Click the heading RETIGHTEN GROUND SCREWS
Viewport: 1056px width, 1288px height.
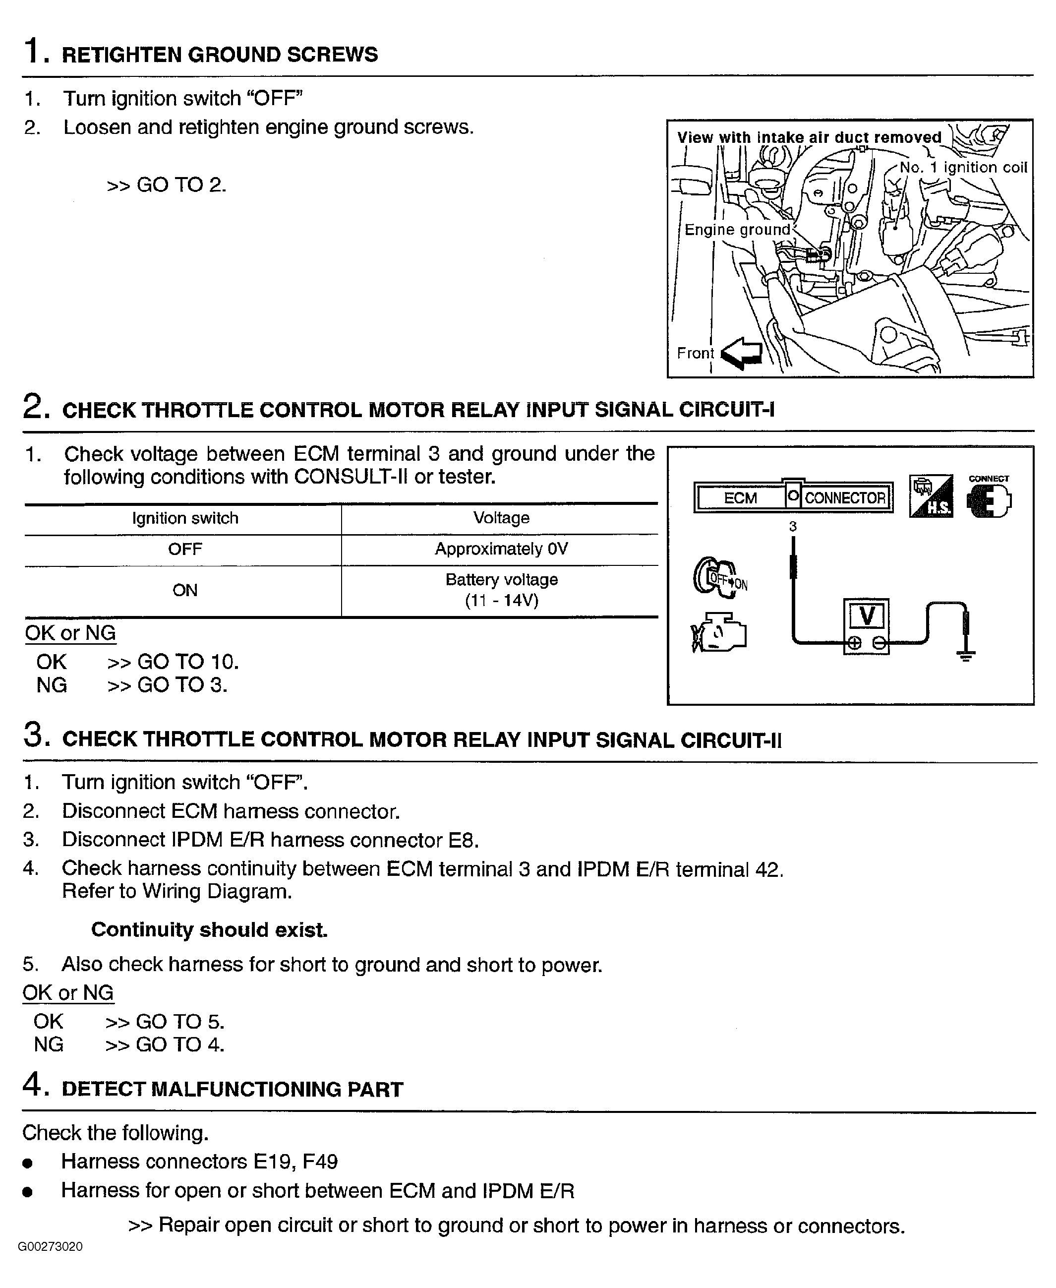pyautogui.click(x=220, y=55)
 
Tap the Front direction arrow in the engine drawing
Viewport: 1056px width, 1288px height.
pyautogui.click(x=742, y=354)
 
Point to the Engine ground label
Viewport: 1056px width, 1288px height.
pyautogui.click(x=737, y=230)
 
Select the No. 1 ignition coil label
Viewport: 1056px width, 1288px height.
pyautogui.click(x=963, y=168)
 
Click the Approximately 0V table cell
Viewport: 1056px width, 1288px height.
pyautogui.click(x=501, y=550)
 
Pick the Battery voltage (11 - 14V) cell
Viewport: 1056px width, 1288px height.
pyautogui.click(x=501, y=590)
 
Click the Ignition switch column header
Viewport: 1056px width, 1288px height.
pyautogui.click(x=185, y=518)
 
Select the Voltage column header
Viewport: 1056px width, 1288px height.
pyautogui.click(x=501, y=518)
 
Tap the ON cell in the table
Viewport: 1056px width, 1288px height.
pyautogui.click(x=185, y=590)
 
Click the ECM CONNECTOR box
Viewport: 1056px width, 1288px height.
pyautogui.click(x=793, y=497)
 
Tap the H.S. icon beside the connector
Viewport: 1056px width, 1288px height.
pyautogui.click(x=931, y=497)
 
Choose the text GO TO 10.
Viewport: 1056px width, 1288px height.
pyautogui.click(x=187, y=662)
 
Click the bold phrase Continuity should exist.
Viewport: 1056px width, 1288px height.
pyautogui.click(x=209, y=929)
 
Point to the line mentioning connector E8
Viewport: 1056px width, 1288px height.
pyautogui.click(x=270, y=840)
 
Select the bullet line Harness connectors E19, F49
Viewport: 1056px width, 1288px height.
pyautogui.click(x=199, y=1162)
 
